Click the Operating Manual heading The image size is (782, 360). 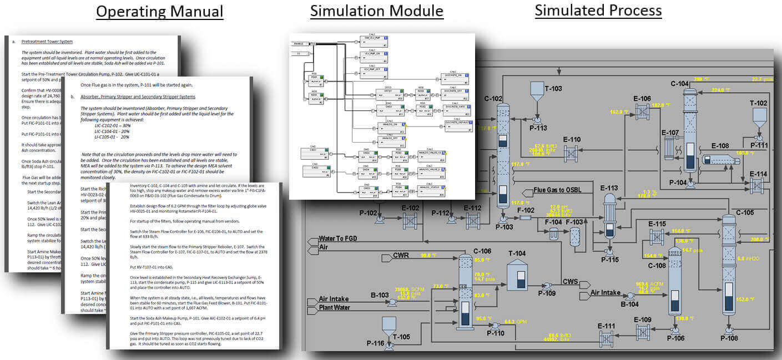coord(160,12)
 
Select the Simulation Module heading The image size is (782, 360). coord(376,12)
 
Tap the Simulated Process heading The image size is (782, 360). coord(598,11)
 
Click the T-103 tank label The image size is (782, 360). coord(553,88)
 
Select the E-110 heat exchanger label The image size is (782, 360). coord(572,139)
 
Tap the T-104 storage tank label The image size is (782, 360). coord(517,253)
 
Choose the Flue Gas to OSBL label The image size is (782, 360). coord(564,190)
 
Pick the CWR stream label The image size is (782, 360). coord(401,256)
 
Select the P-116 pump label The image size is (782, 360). coord(375,344)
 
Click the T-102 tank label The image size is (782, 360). coord(759,103)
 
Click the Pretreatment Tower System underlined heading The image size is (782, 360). coord(47,42)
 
